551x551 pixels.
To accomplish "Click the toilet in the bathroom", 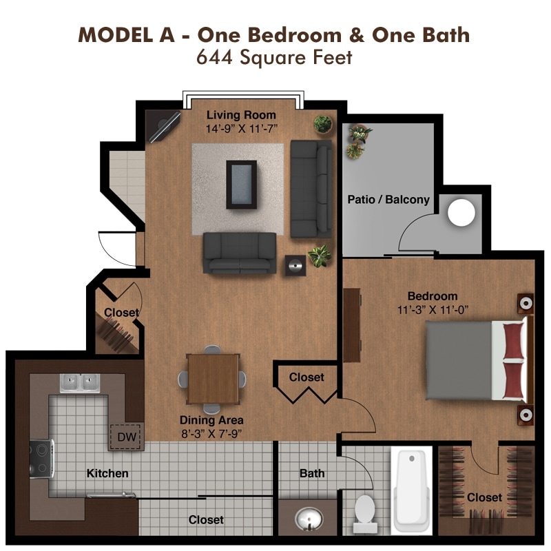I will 364,514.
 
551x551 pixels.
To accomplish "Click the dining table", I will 213,378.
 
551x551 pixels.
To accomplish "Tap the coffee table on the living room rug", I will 241,184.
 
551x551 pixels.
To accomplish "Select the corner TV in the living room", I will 164,126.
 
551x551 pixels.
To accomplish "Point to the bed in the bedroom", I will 478,361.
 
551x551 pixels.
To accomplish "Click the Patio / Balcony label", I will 388,200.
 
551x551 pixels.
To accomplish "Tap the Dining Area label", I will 211,420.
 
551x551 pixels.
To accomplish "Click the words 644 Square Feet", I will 274,58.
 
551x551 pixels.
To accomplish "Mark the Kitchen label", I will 107,473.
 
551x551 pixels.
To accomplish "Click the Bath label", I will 311,473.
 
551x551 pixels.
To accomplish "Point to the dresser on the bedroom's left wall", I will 352,324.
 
